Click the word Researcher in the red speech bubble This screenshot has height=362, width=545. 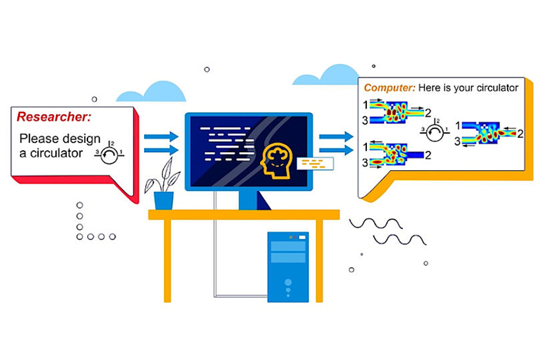tap(54, 117)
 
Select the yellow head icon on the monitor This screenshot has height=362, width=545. tap(276, 160)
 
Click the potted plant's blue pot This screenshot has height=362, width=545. tap(164, 201)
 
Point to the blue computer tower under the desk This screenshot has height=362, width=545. tap(288, 267)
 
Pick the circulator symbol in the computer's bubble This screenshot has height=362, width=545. tap(434, 130)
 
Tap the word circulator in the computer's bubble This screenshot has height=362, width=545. tap(497, 88)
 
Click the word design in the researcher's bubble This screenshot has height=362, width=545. tap(82, 139)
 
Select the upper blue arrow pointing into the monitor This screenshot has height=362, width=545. tap(161, 137)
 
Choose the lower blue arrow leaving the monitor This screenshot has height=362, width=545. tap(336, 150)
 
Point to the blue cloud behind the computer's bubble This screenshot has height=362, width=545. tap(326, 74)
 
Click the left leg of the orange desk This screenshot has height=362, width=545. tap(168, 261)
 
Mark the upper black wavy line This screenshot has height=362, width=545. tap(376, 223)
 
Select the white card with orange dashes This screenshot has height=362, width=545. tap(316, 164)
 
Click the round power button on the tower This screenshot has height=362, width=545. tap(288, 282)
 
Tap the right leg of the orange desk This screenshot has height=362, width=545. tap(319, 261)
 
